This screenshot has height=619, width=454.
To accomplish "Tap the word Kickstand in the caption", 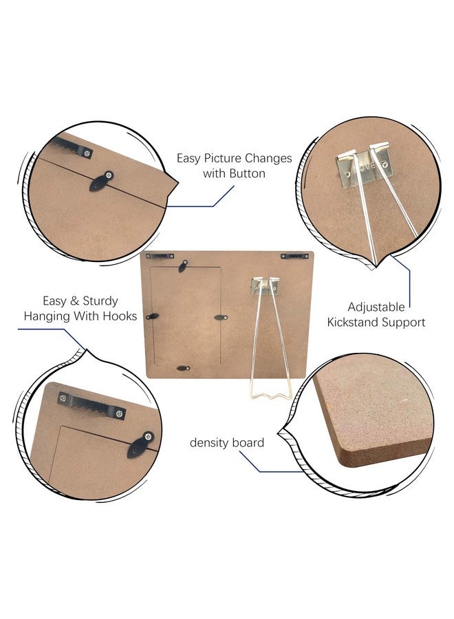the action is (x=349, y=322).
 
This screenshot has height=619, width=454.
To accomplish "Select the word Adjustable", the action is (x=376, y=307).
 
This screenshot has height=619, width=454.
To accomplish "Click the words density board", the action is (x=226, y=442).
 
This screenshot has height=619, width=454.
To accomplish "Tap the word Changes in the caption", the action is (x=268, y=159).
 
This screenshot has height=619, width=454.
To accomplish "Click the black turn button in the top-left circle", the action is (x=102, y=181).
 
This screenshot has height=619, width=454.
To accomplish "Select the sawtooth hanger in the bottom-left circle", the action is (x=91, y=406).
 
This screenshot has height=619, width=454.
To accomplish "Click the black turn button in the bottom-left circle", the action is (x=140, y=445).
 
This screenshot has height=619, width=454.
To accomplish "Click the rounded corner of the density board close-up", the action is (x=340, y=458).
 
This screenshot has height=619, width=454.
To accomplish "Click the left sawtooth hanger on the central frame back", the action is (x=160, y=257).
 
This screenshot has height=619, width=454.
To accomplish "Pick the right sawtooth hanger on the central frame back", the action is (x=295, y=257).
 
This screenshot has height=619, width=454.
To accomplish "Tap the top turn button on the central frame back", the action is (x=183, y=266).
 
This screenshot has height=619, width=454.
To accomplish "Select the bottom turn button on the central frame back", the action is (x=183, y=368).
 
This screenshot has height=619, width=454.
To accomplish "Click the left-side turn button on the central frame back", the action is (x=152, y=316).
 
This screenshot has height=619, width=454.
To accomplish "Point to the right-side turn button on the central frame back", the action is (x=221, y=317).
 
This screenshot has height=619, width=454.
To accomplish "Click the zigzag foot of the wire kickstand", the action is (x=270, y=394).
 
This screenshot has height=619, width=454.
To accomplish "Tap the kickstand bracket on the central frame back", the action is (x=266, y=286).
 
